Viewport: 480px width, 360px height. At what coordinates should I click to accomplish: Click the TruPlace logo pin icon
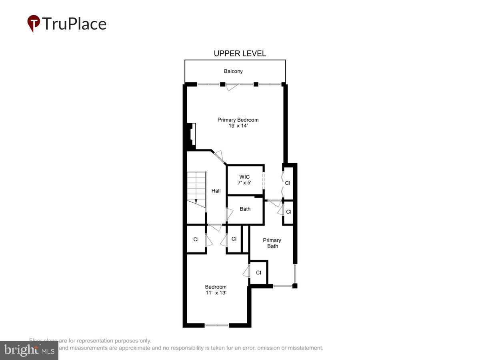click(x=33, y=23)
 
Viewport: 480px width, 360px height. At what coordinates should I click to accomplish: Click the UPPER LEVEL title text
click(x=240, y=54)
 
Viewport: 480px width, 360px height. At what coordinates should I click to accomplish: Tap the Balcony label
click(x=233, y=71)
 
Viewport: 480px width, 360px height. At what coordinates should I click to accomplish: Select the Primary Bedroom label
click(x=238, y=120)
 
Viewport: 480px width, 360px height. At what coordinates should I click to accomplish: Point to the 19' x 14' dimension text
click(x=238, y=126)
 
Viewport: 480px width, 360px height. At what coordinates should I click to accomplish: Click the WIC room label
click(x=244, y=177)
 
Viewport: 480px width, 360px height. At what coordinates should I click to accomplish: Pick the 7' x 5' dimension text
click(x=244, y=183)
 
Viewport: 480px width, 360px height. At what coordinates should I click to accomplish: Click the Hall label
click(x=216, y=191)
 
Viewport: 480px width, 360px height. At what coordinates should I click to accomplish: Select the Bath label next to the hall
click(x=245, y=209)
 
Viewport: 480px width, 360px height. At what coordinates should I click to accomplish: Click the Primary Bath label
click(x=272, y=243)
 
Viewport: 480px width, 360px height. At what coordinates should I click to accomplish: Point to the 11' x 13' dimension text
click(x=216, y=293)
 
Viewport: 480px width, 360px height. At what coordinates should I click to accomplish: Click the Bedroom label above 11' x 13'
click(x=216, y=287)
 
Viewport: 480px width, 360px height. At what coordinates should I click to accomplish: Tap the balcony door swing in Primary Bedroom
click(x=232, y=87)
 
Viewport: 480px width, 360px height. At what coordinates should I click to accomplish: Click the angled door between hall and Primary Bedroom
click(x=219, y=156)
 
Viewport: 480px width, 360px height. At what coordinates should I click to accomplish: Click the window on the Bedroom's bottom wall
click(x=216, y=325)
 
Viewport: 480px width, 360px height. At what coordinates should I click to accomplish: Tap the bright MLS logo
click(x=29, y=350)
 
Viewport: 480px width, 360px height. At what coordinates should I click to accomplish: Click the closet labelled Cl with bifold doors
click(x=287, y=183)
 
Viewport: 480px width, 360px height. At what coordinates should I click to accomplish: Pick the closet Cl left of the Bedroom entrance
click(x=196, y=240)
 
